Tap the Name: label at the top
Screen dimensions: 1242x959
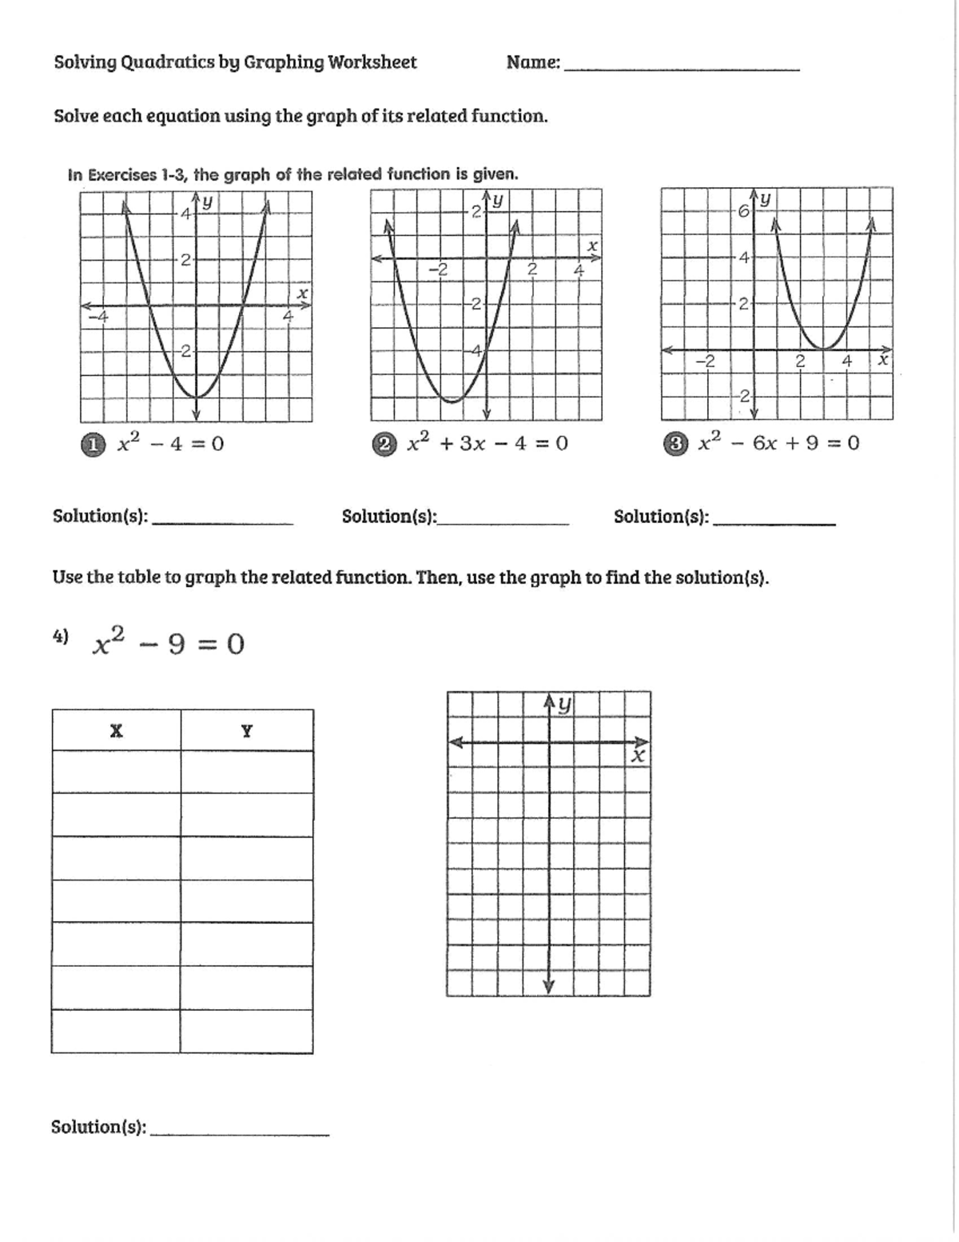533,62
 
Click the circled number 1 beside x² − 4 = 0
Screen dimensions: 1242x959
94,444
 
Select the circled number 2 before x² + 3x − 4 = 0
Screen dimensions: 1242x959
384,444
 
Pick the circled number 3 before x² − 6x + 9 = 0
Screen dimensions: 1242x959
675,444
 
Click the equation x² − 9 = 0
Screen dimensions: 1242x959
169,643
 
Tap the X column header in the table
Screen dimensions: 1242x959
116,730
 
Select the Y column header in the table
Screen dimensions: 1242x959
246,730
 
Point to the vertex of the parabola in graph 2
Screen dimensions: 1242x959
452,401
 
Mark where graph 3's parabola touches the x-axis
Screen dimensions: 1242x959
823,349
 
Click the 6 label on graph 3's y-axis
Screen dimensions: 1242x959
742,212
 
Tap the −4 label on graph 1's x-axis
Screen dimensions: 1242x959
97,317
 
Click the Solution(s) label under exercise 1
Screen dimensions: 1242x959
100,516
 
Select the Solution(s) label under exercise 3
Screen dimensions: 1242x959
661,517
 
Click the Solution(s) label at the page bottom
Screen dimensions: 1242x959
98,1127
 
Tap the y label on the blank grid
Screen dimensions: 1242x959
564,704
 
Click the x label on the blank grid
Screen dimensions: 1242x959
638,756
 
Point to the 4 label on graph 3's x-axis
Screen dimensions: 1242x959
846,361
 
